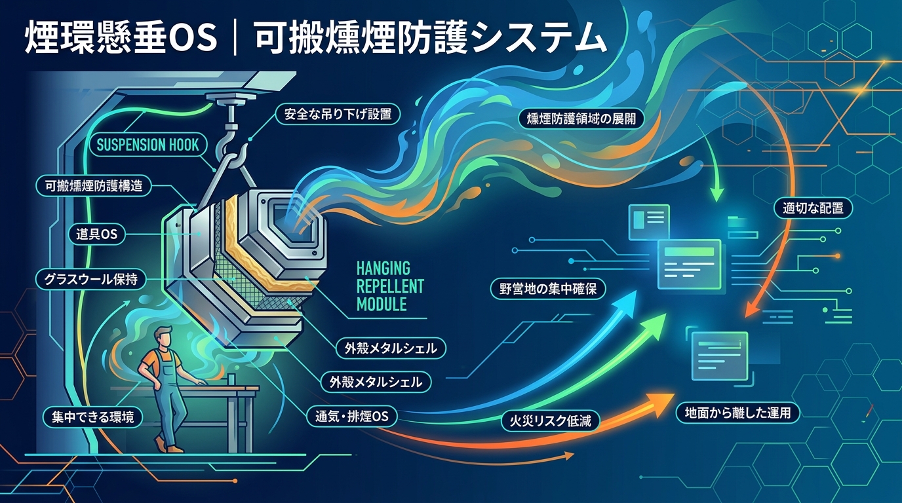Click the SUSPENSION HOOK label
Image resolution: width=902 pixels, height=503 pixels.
(147, 145)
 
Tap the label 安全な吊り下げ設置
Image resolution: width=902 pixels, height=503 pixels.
(338, 114)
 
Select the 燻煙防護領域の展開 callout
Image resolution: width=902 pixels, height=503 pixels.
(581, 119)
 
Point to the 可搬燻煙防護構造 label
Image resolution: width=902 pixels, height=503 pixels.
(94, 186)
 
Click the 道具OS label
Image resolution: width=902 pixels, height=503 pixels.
(96, 234)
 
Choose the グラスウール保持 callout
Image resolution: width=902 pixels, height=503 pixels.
(90, 279)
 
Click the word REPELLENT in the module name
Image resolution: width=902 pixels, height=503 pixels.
(390, 286)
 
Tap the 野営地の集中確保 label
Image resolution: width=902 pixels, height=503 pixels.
(547, 289)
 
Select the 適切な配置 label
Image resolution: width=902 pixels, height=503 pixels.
(813, 208)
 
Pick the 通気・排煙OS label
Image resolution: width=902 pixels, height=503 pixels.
(351, 416)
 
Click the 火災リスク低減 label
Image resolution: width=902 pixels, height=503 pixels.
(551, 421)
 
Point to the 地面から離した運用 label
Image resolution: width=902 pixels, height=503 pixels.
(737, 413)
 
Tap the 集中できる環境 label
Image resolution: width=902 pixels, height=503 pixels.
(92, 417)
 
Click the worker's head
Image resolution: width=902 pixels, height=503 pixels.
(164, 339)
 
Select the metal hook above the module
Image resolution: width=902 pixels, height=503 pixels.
(231, 151)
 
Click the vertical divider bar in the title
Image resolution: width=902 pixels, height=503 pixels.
(235, 39)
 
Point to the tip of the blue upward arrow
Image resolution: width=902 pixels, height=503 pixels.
(635, 291)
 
